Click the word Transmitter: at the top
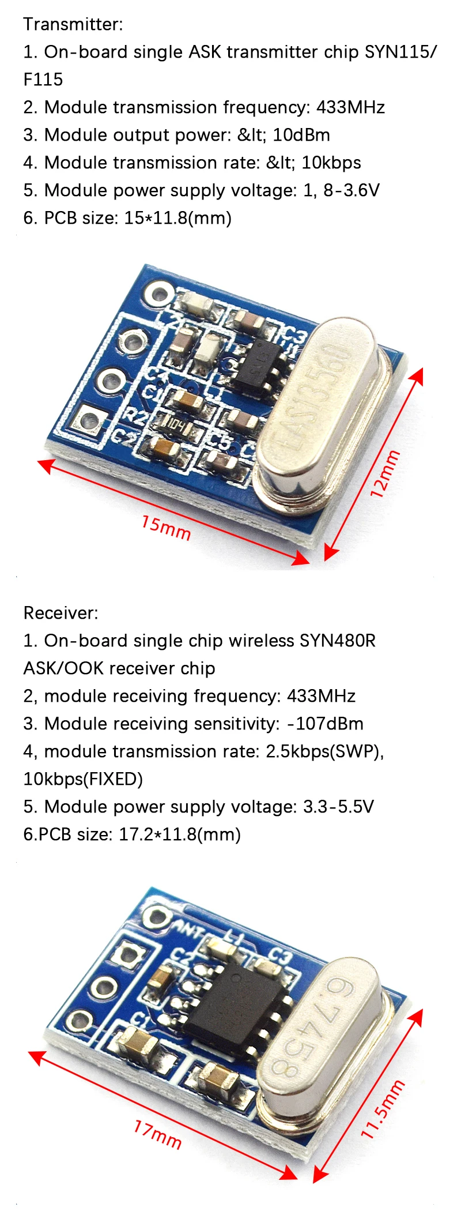coord(73,24)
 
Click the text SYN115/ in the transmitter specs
coord(400,52)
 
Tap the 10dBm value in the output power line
coord(301,135)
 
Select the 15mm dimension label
coord(166,527)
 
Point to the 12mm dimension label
coord(384,473)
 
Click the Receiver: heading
coord(61,613)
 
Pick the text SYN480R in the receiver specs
coord(338,641)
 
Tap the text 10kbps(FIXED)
coord(83,779)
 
